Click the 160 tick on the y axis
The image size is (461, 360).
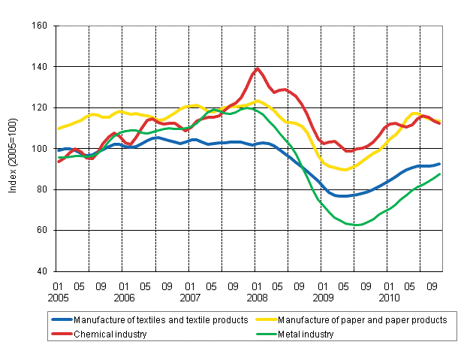pyautogui.click(x=41, y=26)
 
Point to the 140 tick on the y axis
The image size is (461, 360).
pyautogui.click(x=41, y=67)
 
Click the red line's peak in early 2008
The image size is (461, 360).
pyautogui.click(x=258, y=69)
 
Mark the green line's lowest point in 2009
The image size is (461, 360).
pyautogui.click(x=358, y=225)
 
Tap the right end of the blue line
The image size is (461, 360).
pyautogui.click(x=439, y=163)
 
